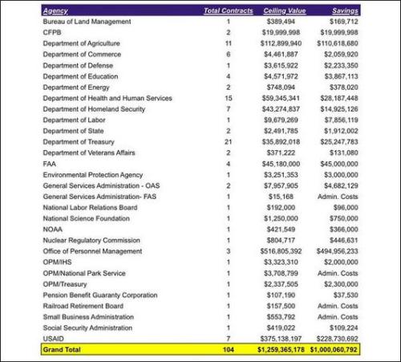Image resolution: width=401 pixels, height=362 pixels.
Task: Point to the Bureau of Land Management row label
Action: click(87, 22)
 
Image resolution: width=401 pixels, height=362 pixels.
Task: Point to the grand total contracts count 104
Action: click(228, 350)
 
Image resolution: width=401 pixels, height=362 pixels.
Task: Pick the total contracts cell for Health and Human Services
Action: click(228, 98)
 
